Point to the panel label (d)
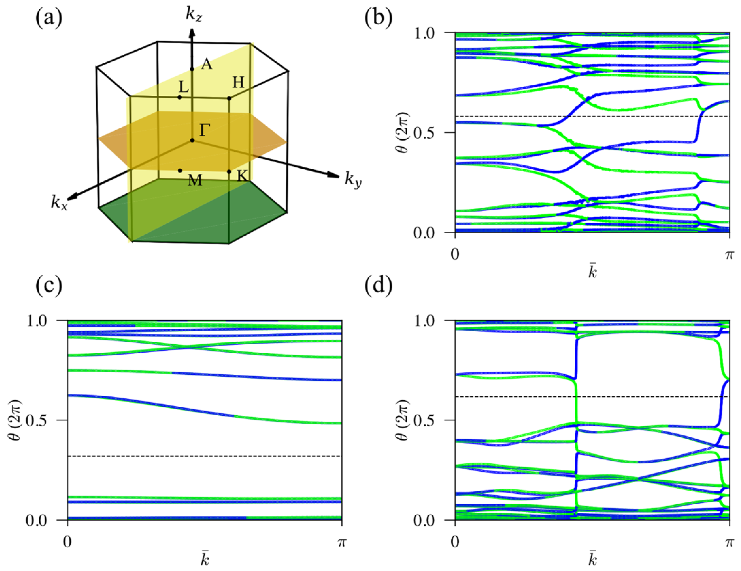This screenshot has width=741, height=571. [378, 285]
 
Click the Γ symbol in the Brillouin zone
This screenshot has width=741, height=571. [204, 130]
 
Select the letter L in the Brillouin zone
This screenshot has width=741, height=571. [184, 88]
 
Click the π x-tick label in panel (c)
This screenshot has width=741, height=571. [342, 542]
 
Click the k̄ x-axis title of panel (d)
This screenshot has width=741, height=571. [592, 560]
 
